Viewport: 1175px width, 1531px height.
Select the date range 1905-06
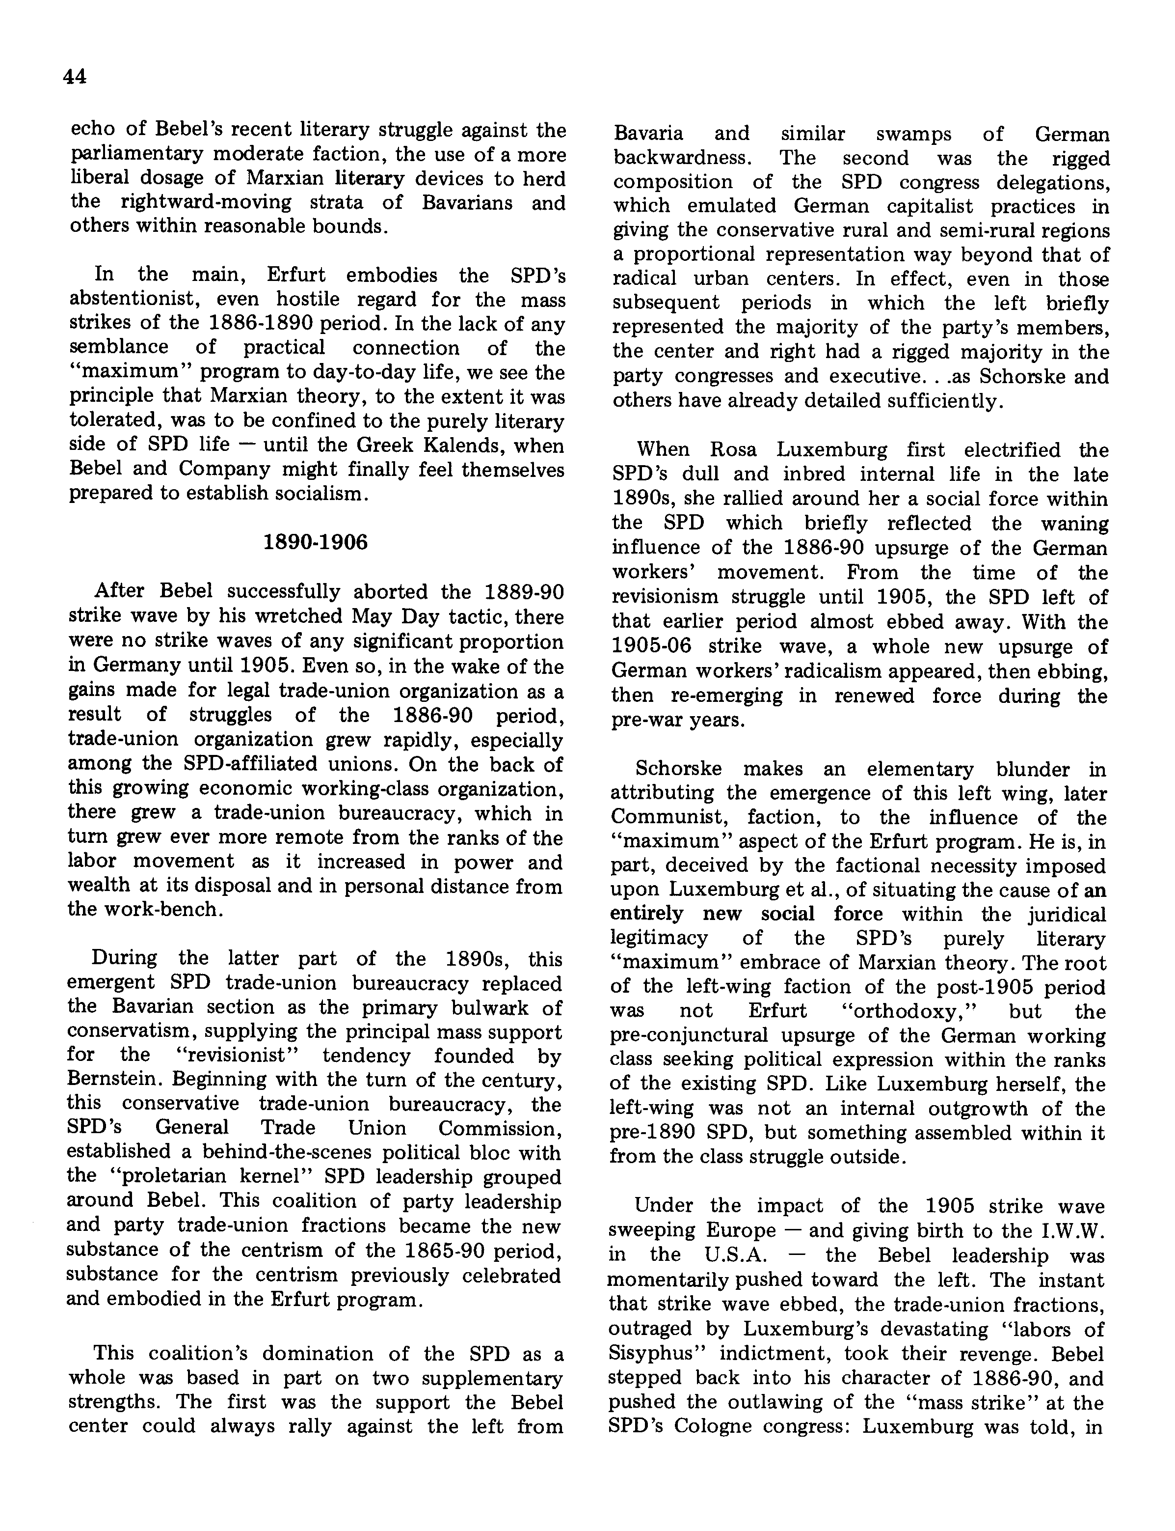click(645, 646)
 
